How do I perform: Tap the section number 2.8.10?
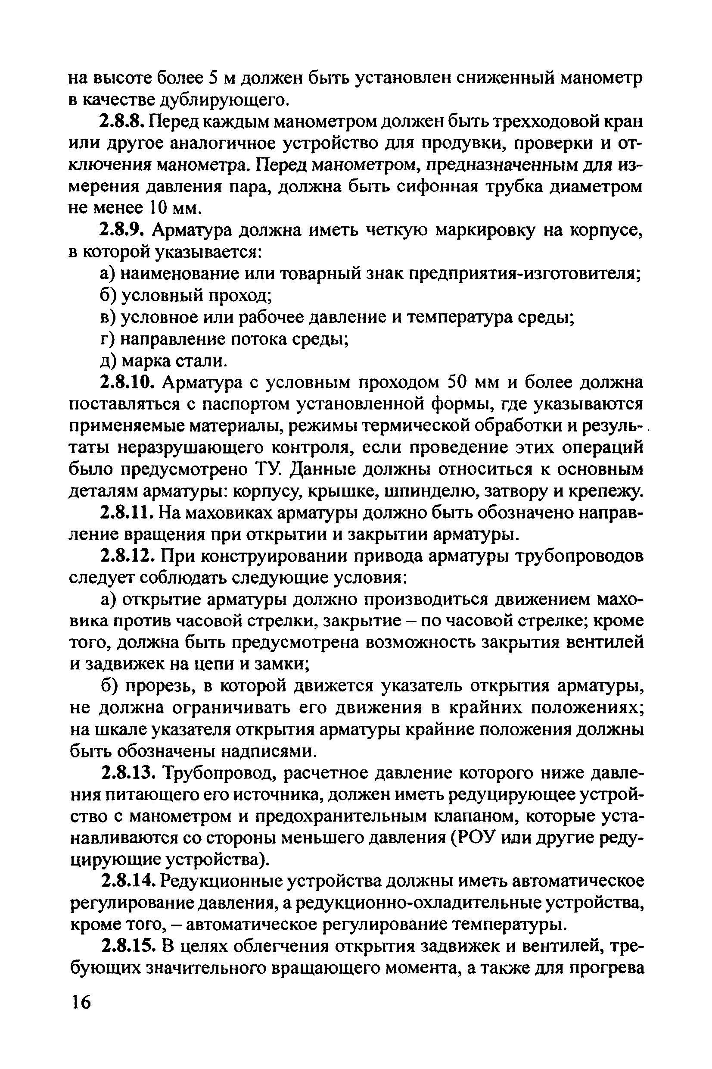tap(128, 383)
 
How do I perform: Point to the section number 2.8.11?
tap(127, 513)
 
